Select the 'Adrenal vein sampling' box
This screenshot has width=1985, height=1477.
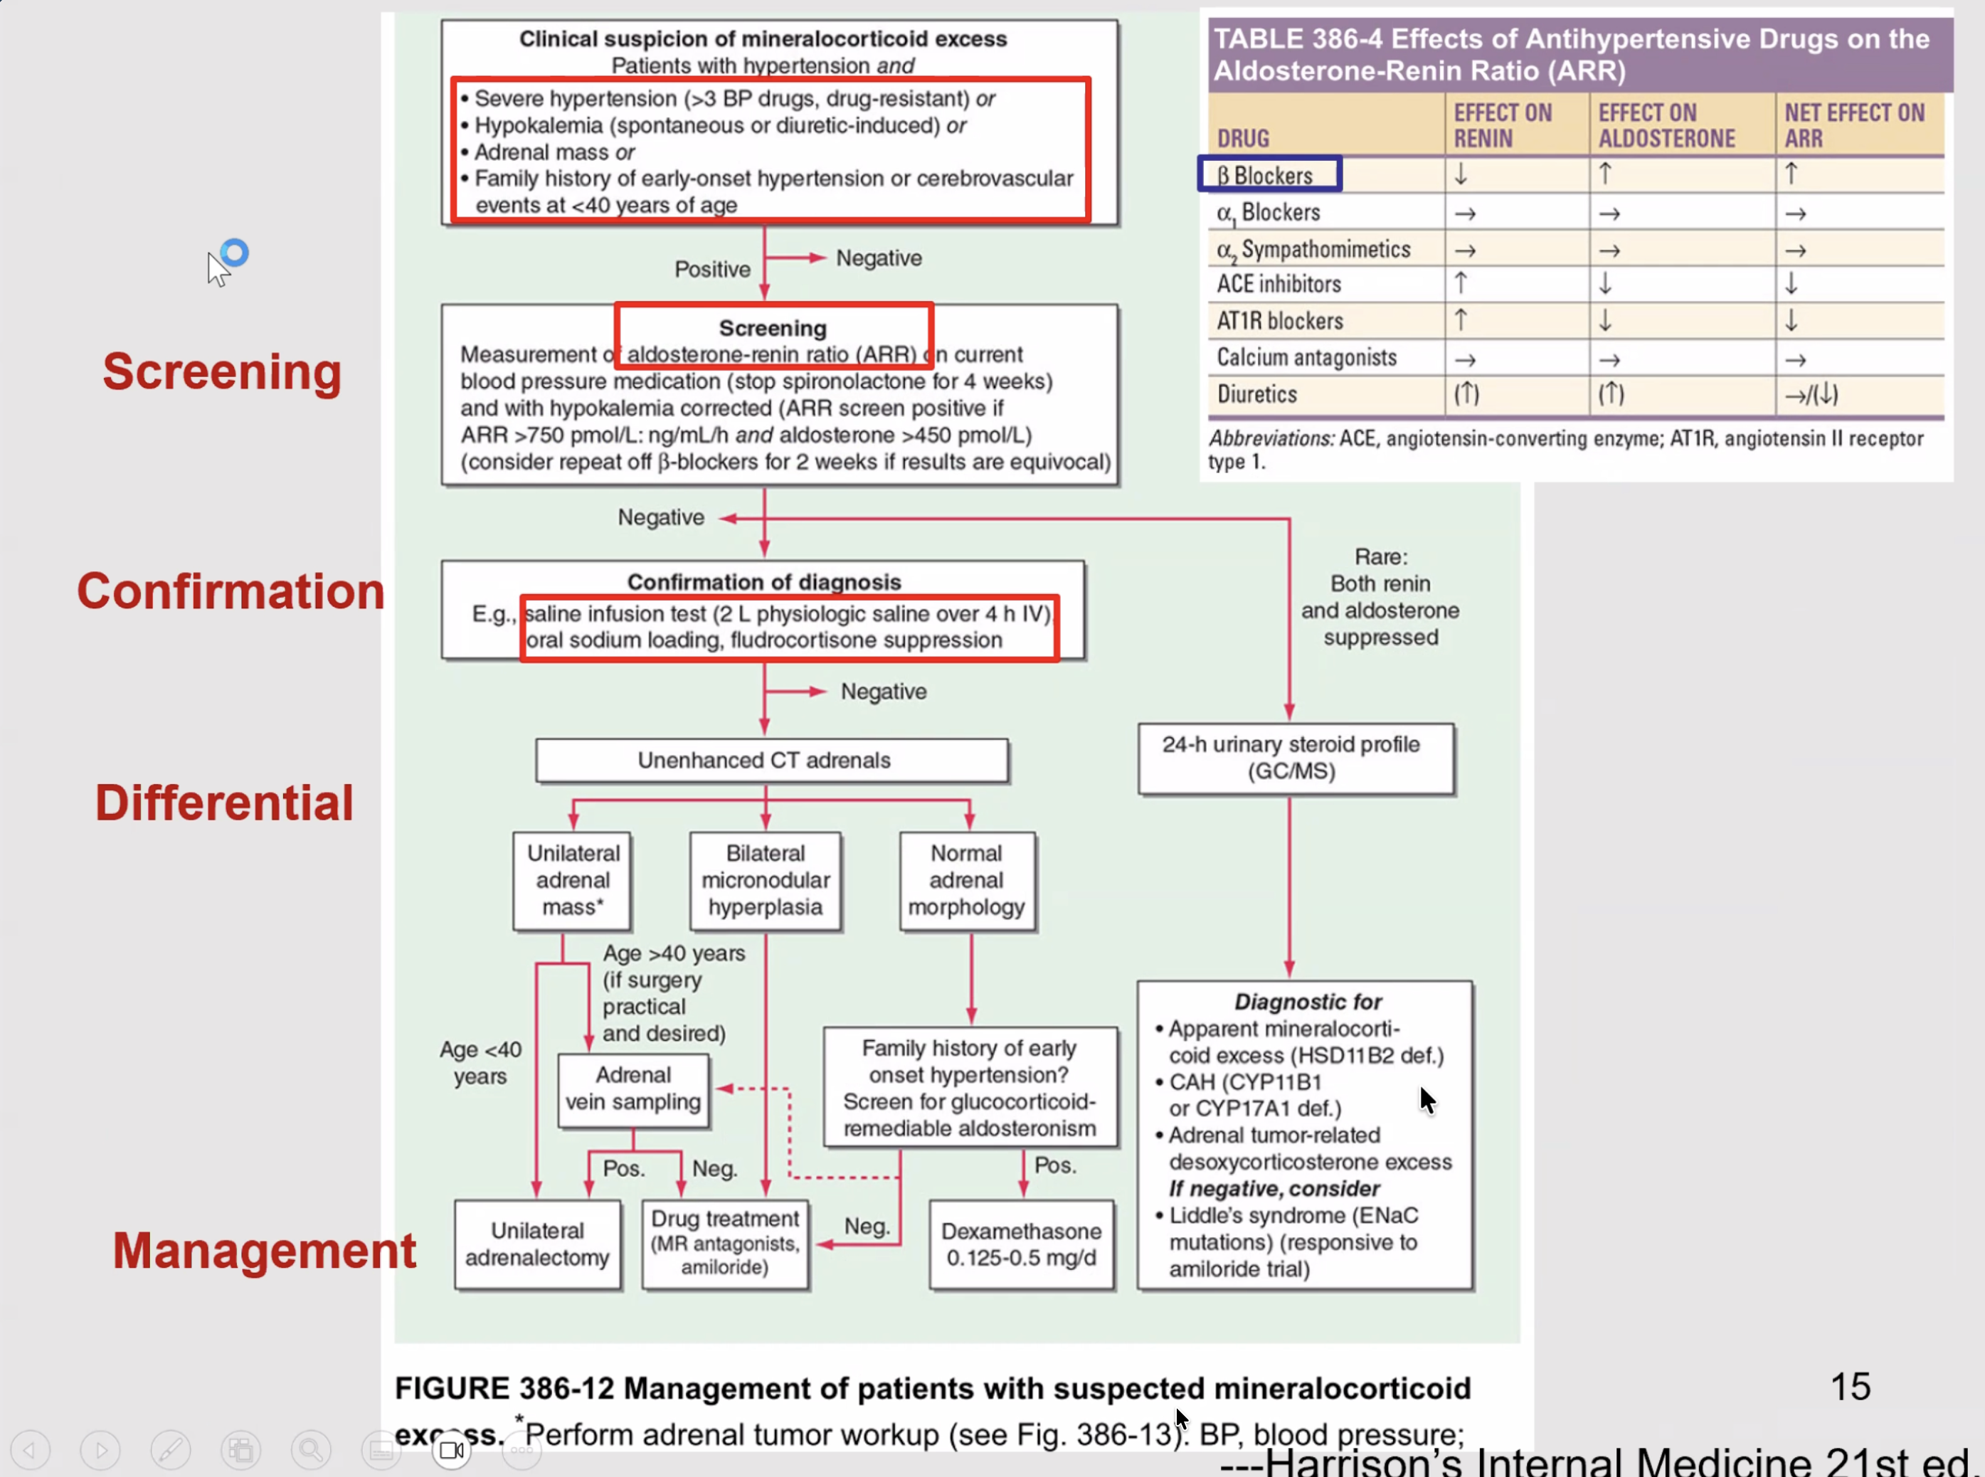(633, 1089)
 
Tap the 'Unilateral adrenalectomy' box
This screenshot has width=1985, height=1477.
(536, 1244)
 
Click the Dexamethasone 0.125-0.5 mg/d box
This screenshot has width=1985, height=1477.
(1021, 1244)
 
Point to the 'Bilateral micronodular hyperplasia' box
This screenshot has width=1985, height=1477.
(766, 881)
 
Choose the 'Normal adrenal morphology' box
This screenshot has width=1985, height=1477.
(967, 881)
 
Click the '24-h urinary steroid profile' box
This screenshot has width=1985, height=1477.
(1294, 758)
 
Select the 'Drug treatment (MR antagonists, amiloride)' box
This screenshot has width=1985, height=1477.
(724, 1243)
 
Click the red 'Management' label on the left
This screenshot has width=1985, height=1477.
(264, 1250)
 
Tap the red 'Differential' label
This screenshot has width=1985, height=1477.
(224, 802)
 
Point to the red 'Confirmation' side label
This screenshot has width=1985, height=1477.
(231, 591)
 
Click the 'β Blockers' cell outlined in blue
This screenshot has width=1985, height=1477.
(1269, 174)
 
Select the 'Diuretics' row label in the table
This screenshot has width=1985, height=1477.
(1256, 394)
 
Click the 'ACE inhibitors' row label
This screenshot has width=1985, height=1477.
(1279, 285)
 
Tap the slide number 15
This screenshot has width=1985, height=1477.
(1850, 1387)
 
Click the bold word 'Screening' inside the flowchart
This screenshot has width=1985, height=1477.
(773, 328)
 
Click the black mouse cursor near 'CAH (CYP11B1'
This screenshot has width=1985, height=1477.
(1427, 1100)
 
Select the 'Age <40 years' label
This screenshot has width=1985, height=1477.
(480, 1063)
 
